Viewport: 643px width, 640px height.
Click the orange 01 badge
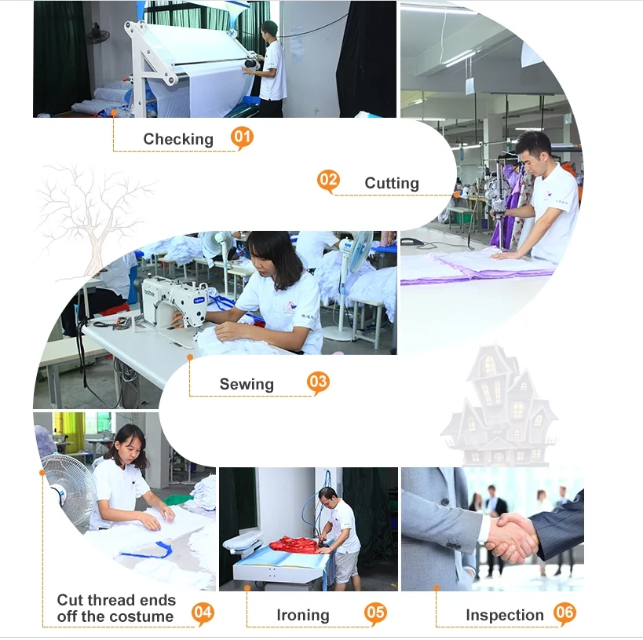pyautogui.click(x=242, y=137)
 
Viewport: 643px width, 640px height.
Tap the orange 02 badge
pyautogui.click(x=328, y=181)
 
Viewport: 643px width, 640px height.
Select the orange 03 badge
pyautogui.click(x=318, y=382)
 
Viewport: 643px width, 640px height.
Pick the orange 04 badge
pyautogui.click(x=203, y=613)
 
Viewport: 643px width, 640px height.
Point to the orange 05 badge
pyautogui.click(x=375, y=613)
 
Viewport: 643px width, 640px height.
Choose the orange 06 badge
pyautogui.click(x=564, y=613)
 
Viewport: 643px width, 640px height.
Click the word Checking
pyautogui.click(x=178, y=140)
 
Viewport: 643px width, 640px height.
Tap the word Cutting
pyautogui.click(x=392, y=184)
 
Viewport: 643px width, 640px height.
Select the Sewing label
pyautogui.click(x=247, y=385)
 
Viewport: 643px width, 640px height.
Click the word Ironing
pyautogui.click(x=303, y=616)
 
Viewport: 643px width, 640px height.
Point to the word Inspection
pyautogui.click(x=505, y=616)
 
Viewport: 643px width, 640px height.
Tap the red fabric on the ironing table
pyautogui.click(x=294, y=545)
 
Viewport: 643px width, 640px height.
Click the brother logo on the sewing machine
pyautogui.click(x=149, y=293)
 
